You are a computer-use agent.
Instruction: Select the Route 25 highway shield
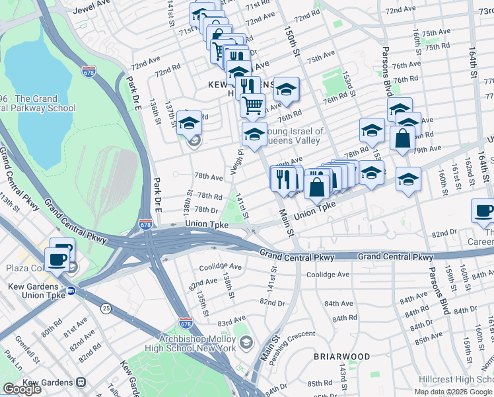click(106, 308)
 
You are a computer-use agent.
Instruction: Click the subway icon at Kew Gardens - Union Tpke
click(71, 290)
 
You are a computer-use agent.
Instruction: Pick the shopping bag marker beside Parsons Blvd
click(402, 140)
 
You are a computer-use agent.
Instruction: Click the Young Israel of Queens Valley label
click(294, 136)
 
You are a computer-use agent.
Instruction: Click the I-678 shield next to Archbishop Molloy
click(186, 324)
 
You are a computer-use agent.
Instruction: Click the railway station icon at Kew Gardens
click(81, 382)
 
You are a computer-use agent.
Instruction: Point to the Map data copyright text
click(453, 391)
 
